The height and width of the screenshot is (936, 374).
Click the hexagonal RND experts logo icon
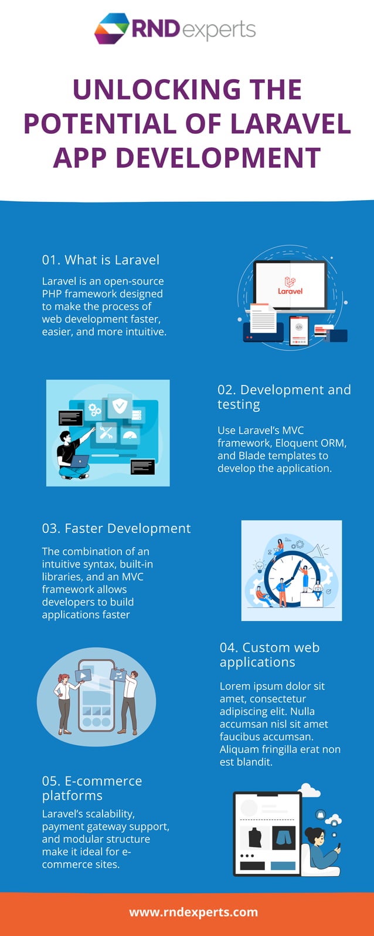(x=111, y=28)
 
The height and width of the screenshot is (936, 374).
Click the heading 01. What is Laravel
(x=100, y=260)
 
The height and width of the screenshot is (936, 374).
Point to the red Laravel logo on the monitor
(x=290, y=286)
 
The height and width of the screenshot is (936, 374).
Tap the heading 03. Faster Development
(x=116, y=528)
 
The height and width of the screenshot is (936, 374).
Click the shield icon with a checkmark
(x=120, y=406)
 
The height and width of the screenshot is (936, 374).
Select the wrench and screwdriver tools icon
(x=106, y=433)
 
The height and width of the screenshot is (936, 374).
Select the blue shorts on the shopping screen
(x=284, y=837)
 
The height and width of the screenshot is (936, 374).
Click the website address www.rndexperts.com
(x=193, y=912)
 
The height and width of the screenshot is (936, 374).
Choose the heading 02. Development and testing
(x=284, y=397)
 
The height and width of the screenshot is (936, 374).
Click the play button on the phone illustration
(x=83, y=675)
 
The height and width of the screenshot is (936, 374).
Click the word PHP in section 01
(x=52, y=293)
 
